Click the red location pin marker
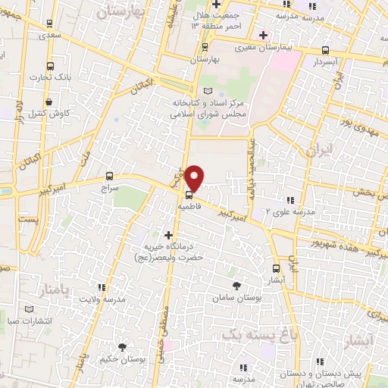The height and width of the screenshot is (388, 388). (x=196, y=177)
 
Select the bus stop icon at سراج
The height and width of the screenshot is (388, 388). (x=110, y=173)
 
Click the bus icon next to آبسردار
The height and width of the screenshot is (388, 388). (x=325, y=50)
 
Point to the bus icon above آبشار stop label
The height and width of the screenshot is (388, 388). (x=276, y=268)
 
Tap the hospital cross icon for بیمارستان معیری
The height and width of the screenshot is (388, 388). (x=264, y=35)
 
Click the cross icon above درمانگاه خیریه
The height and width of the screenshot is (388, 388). (x=168, y=235)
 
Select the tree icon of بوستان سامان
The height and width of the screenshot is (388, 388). (x=237, y=286)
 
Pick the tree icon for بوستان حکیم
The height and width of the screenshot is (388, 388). (x=122, y=347)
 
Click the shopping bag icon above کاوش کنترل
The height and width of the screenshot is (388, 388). (x=49, y=102)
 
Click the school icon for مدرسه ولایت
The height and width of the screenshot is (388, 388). (x=102, y=287)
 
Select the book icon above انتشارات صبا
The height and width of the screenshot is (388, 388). (x=29, y=309)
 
